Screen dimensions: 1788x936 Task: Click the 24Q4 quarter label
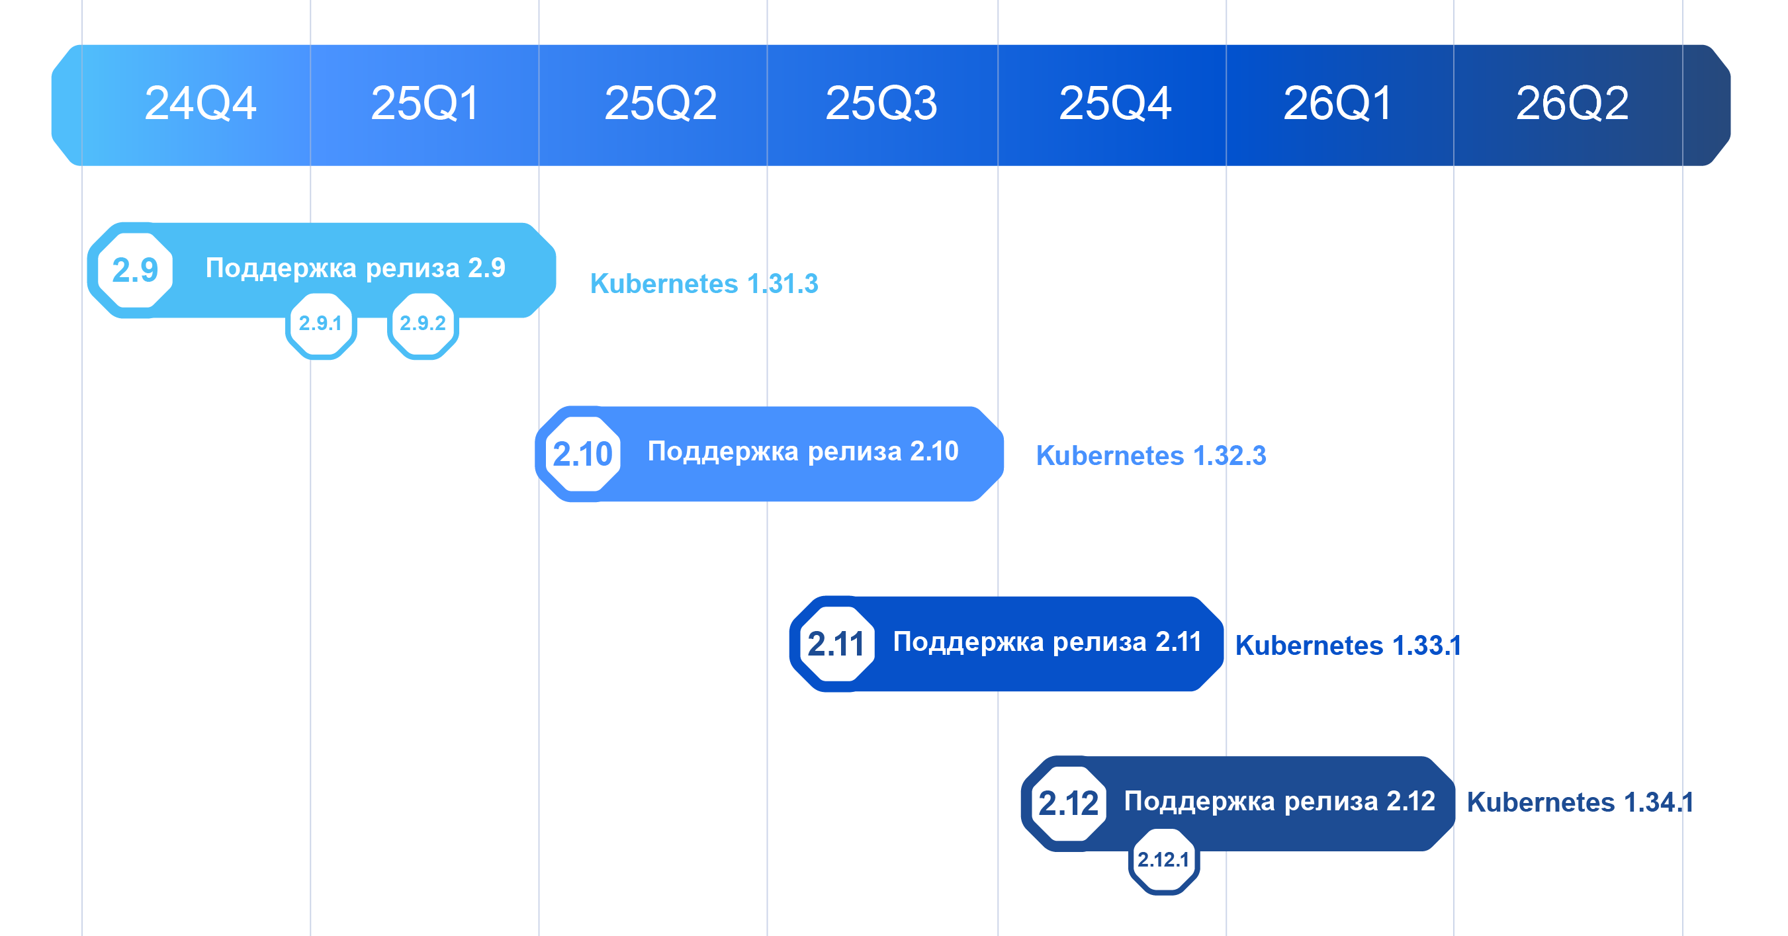[201, 103]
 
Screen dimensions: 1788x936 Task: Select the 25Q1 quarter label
[425, 103]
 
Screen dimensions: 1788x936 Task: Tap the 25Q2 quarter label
[661, 103]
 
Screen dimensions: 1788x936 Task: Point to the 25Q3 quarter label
[881, 103]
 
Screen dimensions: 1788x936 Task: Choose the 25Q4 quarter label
[1116, 103]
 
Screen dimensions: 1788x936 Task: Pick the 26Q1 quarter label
[1337, 103]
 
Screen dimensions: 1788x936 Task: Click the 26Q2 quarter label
[1573, 103]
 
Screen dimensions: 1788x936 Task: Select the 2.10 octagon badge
[582, 454]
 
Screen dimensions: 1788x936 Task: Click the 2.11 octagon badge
[836, 644]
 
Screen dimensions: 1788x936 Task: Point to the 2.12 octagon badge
[1068, 804]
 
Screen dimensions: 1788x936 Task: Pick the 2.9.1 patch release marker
[321, 323]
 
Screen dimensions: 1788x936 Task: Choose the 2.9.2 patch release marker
[423, 323]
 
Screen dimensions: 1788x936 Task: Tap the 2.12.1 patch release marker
[1164, 860]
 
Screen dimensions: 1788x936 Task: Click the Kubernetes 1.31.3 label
[704, 284]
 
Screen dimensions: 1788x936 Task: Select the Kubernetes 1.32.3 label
[1151, 456]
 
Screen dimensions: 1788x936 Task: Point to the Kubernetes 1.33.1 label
[1348, 646]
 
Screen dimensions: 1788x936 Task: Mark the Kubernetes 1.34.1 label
[1580, 802]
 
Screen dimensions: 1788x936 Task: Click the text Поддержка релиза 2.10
[803, 452]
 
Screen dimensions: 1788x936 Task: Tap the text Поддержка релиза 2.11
[1048, 642]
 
